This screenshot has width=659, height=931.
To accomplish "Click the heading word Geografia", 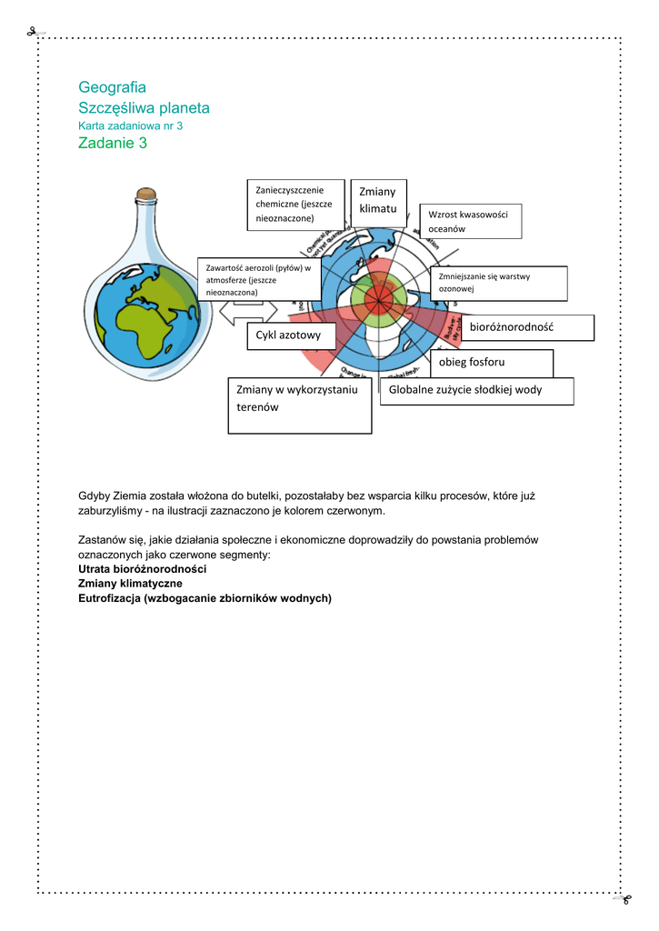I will (112, 87).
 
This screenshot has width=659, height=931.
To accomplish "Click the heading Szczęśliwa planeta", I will (144, 107).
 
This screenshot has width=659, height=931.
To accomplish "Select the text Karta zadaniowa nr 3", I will (131, 125).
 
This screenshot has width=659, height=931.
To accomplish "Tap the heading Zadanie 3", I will (113, 143).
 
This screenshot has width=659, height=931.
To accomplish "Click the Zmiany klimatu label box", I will (378, 200).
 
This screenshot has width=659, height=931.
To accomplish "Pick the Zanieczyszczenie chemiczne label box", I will (295, 204).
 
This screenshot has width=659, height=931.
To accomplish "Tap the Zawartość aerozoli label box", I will (258, 280).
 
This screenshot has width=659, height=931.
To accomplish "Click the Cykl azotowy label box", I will (290, 335).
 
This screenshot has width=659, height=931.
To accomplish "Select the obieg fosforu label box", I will (491, 362).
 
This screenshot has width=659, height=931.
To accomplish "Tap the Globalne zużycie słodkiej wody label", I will (476, 390).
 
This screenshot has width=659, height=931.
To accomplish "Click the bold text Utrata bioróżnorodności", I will (143, 568).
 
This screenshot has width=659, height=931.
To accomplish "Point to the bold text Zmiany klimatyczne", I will (131, 583).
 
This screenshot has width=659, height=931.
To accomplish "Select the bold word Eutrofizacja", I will (109, 598).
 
